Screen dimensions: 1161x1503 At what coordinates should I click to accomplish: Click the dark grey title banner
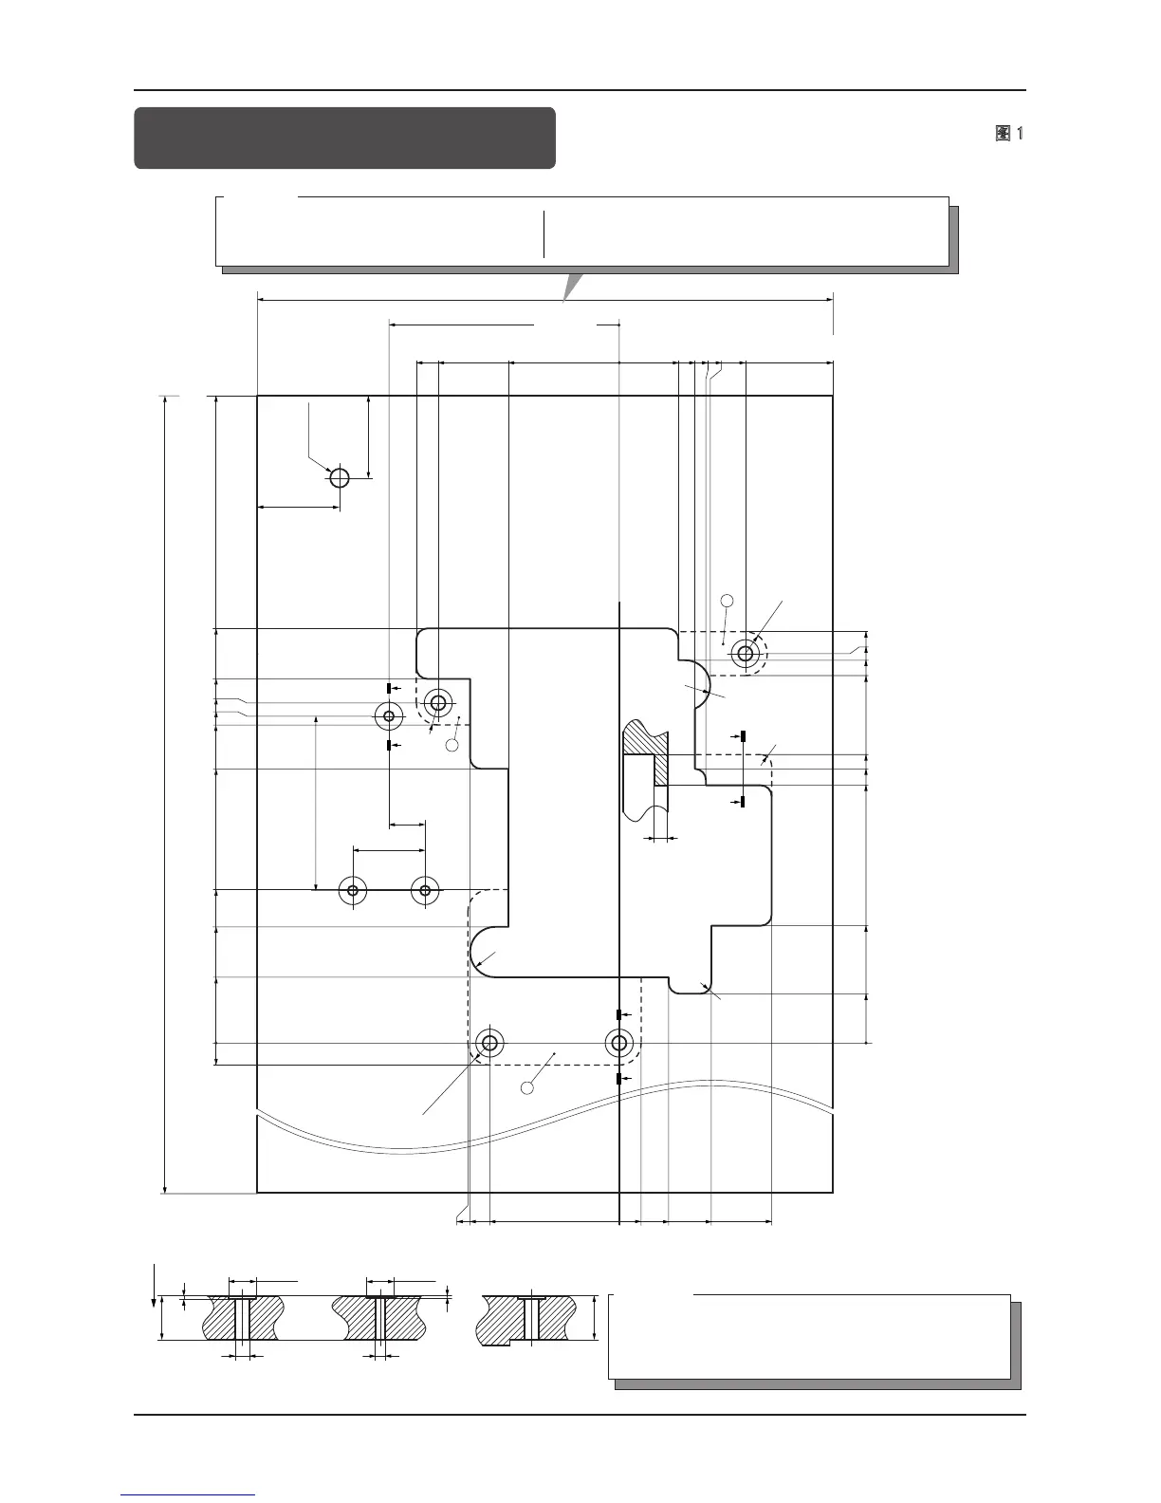click(344, 138)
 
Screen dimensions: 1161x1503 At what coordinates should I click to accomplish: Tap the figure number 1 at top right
click(1019, 134)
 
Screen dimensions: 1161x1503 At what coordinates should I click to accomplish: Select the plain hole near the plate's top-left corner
click(340, 477)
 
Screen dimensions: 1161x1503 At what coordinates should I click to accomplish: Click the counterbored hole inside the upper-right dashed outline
click(746, 653)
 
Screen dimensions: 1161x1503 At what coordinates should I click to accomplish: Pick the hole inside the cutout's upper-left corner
click(438, 703)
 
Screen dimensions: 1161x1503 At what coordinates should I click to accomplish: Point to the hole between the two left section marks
click(389, 715)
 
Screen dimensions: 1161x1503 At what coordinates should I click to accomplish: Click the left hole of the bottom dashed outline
click(489, 1044)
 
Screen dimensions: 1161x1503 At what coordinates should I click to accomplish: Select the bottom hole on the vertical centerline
click(619, 1044)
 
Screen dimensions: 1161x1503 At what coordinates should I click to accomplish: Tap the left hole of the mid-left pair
click(353, 890)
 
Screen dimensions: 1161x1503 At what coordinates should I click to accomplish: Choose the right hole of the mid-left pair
click(425, 890)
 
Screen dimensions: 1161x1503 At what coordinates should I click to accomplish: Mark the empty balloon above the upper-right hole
click(728, 600)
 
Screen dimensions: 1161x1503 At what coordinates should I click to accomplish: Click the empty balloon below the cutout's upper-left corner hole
click(452, 745)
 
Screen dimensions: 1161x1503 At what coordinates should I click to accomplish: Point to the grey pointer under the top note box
click(570, 286)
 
